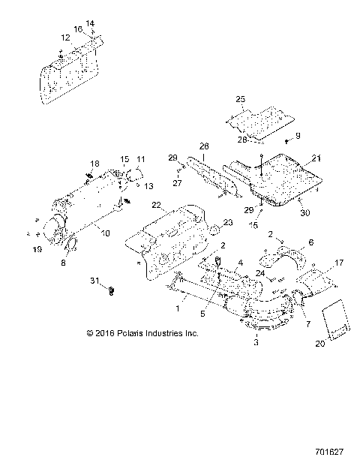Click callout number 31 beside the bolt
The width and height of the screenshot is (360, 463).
tap(93, 281)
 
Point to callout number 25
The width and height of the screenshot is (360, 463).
tap(241, 99)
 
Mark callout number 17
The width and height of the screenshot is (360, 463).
tap(340, 263)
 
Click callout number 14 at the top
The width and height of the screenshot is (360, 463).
tap(91, 23)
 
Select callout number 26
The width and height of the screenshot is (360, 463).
tap(203, 146)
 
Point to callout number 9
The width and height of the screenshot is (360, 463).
tap(297, 135)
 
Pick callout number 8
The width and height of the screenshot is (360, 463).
tap(63, 263)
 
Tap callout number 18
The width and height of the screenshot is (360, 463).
tap(94, 164)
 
